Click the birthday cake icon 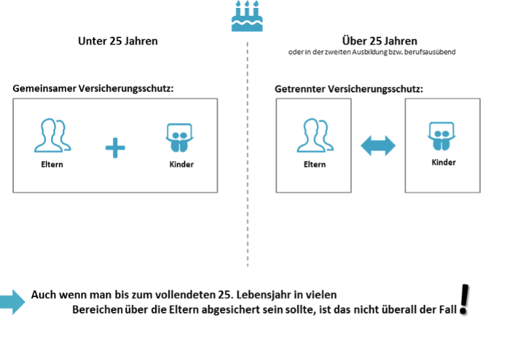(x=247, y=16)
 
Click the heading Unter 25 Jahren (x=118, y=41)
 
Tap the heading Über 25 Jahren (x=379, y=41)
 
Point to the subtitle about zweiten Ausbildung (x=372, y=52)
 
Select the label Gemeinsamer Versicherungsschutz (x=93, y=88)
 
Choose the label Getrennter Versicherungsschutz (x=349, y=89)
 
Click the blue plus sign (x=115, y=148)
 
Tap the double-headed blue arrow (x=378, y=146)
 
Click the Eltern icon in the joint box (x=52, y=135)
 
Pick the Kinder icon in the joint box (x=179, y=137)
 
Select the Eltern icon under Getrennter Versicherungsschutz (x=315, y=135)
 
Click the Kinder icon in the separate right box (x=442, y=136)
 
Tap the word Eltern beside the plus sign (x=52, y=164)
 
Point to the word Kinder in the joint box (x=181, y=164)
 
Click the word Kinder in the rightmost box (x=444, y=162)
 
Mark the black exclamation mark (x=464, y=299)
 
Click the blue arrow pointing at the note (x=12, y=302)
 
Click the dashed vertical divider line (x=247, y=154)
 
